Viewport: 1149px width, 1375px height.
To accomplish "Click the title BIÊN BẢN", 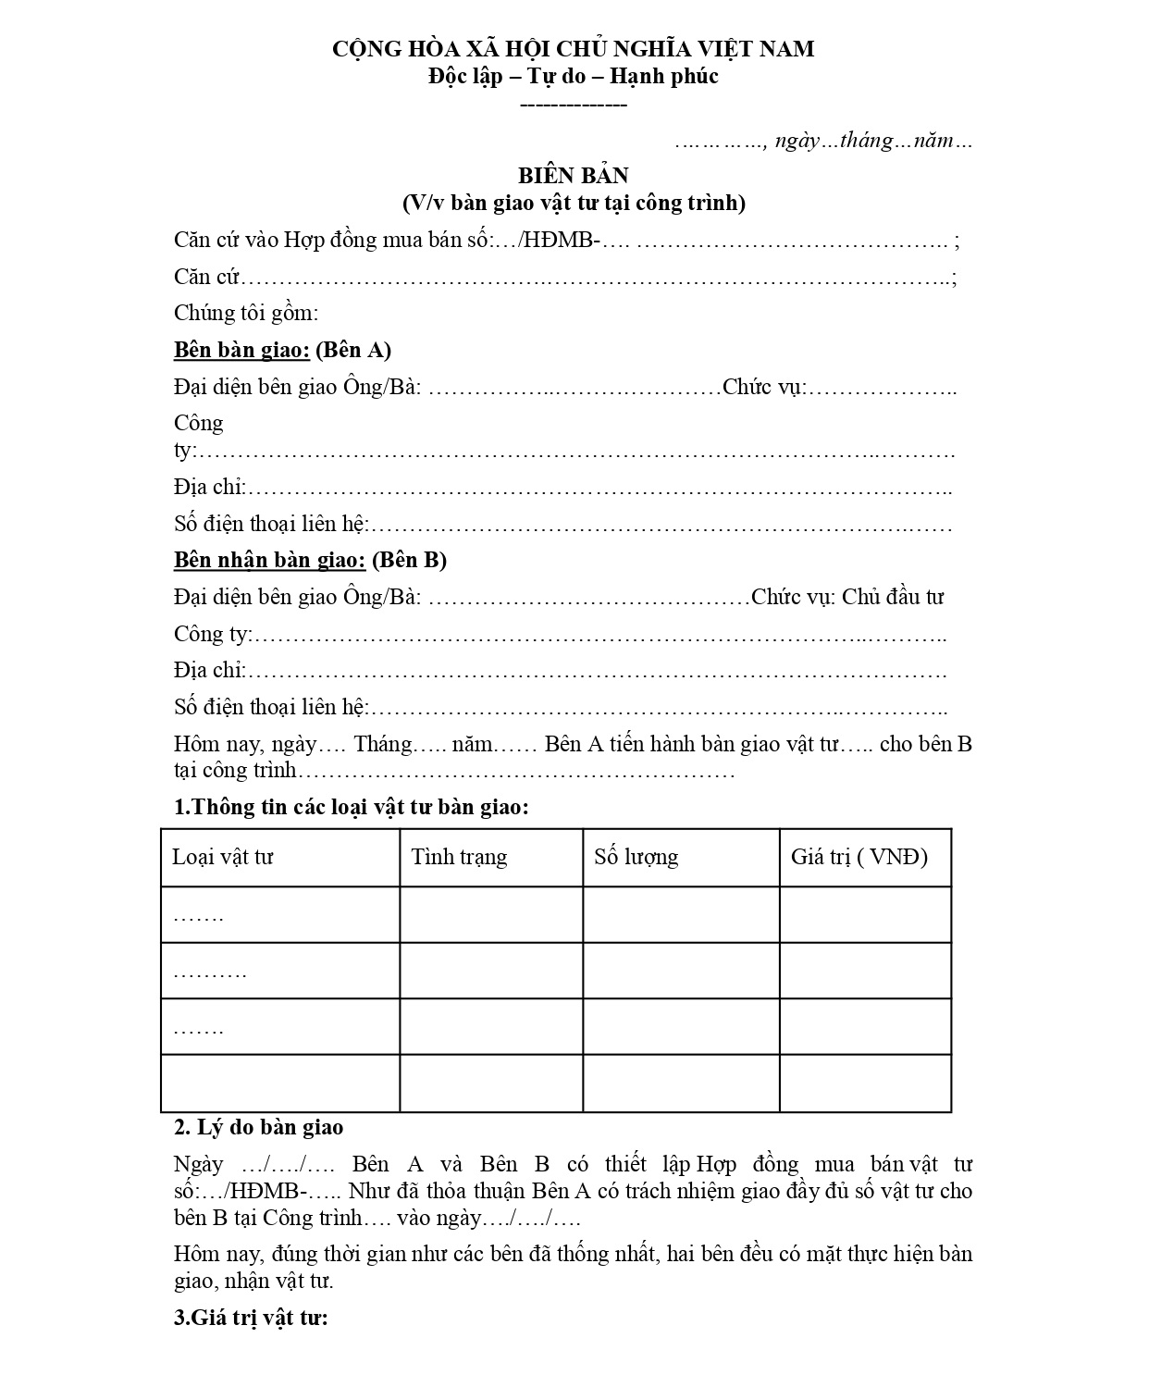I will tap(573, 176).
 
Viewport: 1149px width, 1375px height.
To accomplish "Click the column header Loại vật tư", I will tap(223, 857).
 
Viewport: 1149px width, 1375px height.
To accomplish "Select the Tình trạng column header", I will tap(459, 857).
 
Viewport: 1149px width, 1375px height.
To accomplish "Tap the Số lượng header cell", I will tap(636, 857).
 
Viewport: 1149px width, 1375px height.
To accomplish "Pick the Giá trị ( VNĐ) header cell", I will tap(859, 857).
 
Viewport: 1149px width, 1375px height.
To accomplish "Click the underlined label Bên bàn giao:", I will tap(241, 350).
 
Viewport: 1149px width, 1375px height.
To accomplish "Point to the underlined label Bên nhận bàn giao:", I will tap(270, 560).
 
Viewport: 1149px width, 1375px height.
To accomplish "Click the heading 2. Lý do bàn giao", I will tap(258, 1127).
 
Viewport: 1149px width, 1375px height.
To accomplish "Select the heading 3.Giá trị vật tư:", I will tap(251, 1318).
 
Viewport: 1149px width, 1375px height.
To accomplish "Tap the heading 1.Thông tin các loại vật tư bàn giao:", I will tap(352, 807).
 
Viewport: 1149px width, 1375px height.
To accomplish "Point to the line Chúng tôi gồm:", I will tap(246, 313).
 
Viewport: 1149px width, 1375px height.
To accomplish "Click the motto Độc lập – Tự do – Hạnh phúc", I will tap(573, 76).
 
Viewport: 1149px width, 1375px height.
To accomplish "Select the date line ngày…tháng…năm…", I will tap(872, 141).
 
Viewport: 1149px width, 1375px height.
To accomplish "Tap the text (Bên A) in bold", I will tap(353, 350).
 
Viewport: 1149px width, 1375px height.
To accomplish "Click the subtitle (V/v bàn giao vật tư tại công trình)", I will tap(573, 203).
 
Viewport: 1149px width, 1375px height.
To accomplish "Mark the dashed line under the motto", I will tap(574, 104).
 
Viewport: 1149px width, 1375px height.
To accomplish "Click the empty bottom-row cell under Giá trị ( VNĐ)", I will tap(865, 1083).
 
